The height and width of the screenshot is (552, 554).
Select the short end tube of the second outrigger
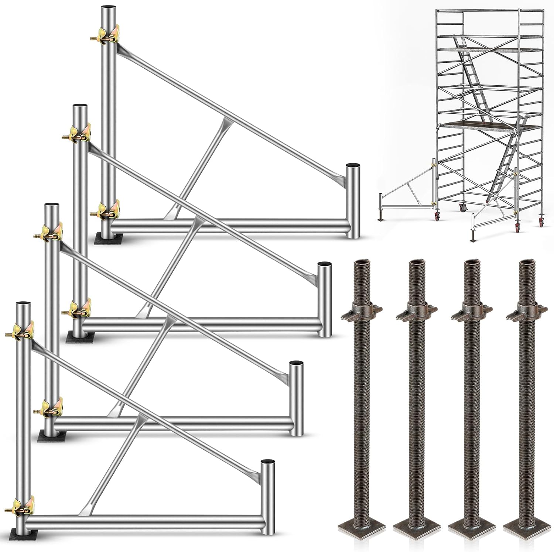click(324, 299)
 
